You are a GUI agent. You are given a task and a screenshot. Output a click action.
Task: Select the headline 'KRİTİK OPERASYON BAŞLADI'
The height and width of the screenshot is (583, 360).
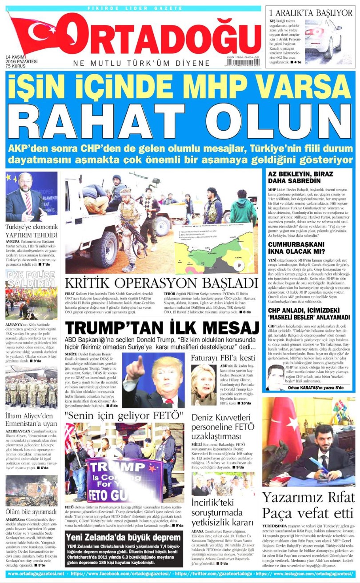pyautogui.click(x=161, y=283)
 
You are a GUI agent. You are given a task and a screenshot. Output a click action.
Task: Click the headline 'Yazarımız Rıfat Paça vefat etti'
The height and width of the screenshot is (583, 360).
pyautogui.click(x=308, y=505)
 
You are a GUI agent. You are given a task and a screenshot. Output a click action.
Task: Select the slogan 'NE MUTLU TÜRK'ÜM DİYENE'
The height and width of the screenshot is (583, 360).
pyautogui.click(x=142, y=63)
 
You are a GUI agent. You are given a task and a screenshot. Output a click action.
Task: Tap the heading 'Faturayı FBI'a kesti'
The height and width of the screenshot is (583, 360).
pyautogui.click(x=223, y=358)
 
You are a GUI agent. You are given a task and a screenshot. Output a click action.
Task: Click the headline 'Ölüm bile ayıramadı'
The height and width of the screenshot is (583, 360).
pyautogui.click(x=31, y=511)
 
